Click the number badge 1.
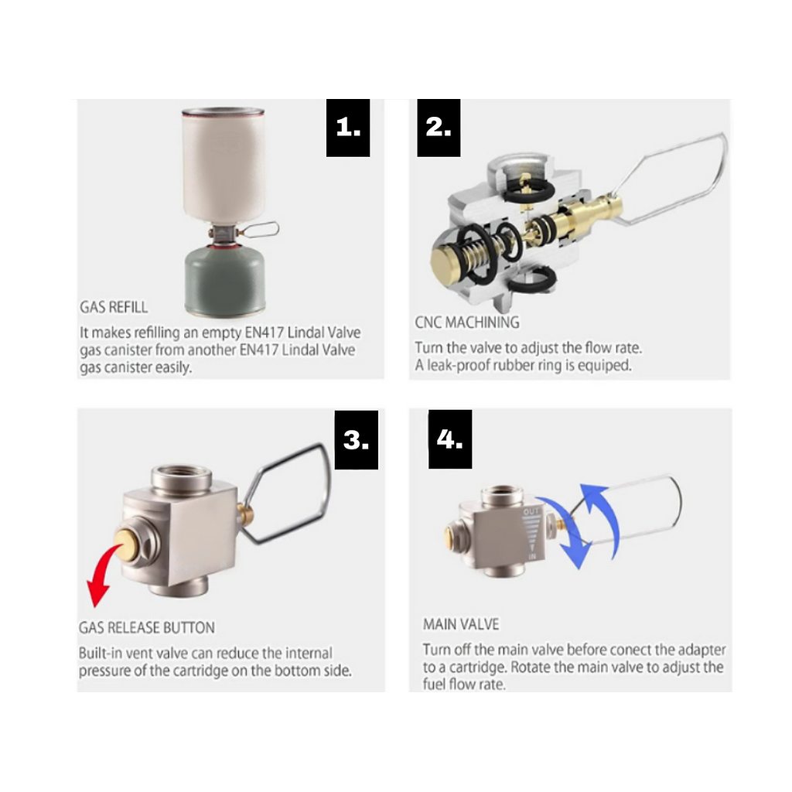tap(348, 128)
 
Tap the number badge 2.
tap(439, 128)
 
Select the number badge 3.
tap(356, 440)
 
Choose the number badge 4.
tap(450, 439)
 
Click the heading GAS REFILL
tap(114, 307)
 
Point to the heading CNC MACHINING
tap(467, 323)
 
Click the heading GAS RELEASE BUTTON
tap(147, 627)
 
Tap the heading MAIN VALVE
tap(461, 623)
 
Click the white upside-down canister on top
tap(224, 164)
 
